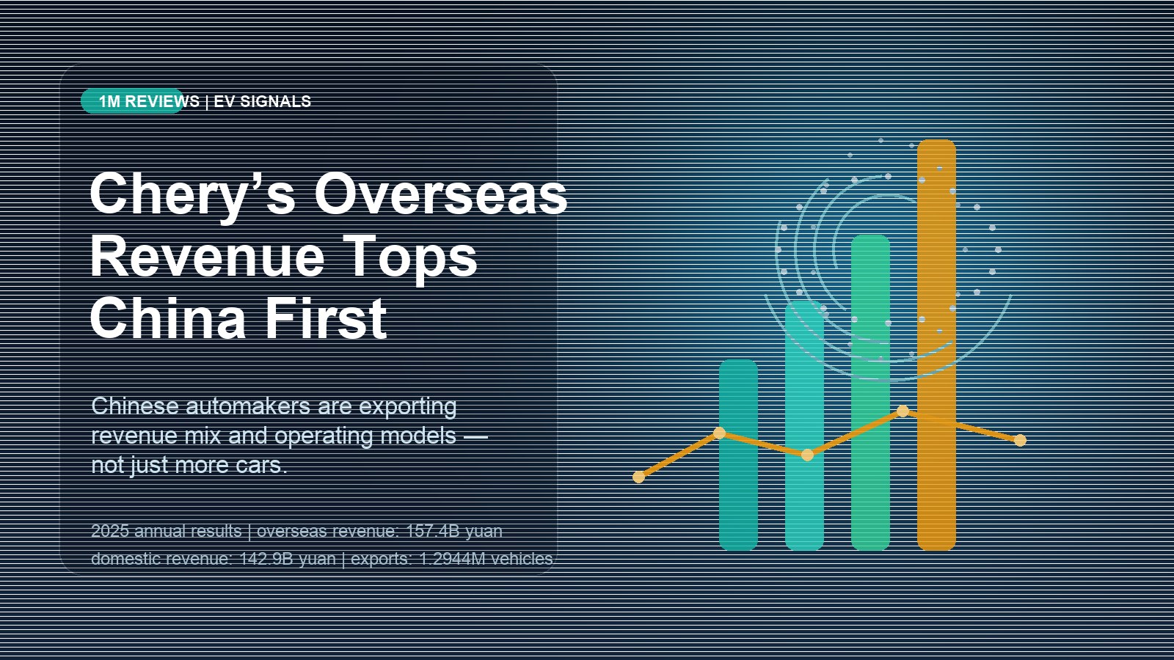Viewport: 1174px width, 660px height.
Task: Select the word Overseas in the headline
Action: click(x=441, y=194)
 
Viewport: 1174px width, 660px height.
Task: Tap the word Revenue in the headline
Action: click(x=207, y=256)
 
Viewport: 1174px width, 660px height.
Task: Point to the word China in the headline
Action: click(x=168, y=318)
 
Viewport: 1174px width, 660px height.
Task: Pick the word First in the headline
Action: click(x=326, y=318)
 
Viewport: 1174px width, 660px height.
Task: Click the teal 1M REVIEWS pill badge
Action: click(x=133, y=101)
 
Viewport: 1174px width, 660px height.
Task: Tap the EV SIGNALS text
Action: click(x=262, y=102)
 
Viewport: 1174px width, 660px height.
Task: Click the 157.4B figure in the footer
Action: click(x=432, y=531)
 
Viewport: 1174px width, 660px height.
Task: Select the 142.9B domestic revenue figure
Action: click(x=266, y=558)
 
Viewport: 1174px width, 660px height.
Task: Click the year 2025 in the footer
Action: click(x=110, y=531)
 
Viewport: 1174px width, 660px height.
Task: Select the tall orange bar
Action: click(x=936, y=345)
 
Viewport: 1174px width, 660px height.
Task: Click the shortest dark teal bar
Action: click(x=738, y=455)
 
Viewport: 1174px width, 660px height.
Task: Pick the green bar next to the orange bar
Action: click(x=870, y=392)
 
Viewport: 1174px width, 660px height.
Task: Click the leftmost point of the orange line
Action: click(x=639, y=477)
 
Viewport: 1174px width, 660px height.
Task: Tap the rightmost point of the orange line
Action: click(x=1020, y=440)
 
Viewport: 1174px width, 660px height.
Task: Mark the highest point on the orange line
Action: click(x=903, y=411)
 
